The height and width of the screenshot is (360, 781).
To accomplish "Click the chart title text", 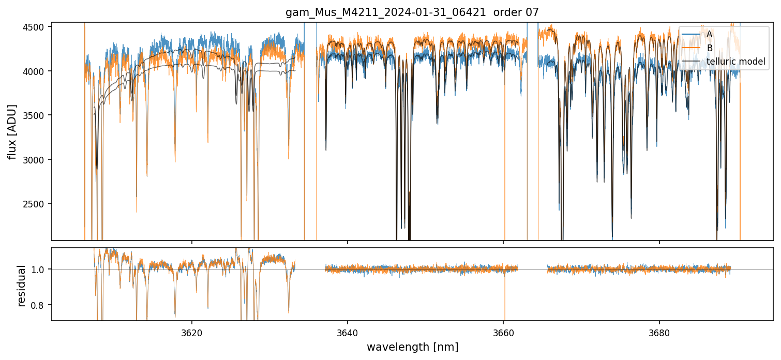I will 412,12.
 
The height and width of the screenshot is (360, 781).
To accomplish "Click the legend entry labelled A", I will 709,34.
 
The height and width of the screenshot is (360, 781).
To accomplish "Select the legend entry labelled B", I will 709,48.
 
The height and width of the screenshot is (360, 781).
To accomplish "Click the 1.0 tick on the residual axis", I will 41,269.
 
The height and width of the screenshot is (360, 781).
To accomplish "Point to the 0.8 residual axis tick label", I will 41,305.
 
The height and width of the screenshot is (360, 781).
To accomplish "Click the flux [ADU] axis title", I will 12,131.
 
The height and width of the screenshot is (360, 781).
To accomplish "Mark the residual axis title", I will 21,286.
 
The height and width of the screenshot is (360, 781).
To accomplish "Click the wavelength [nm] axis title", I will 412,347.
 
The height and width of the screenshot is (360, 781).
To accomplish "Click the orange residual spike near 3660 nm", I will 504,303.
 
